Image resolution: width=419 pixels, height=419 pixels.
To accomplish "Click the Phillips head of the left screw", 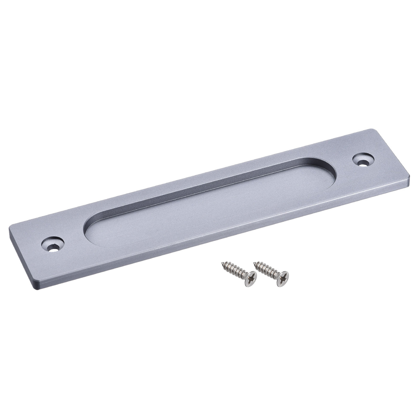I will (251, 276).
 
